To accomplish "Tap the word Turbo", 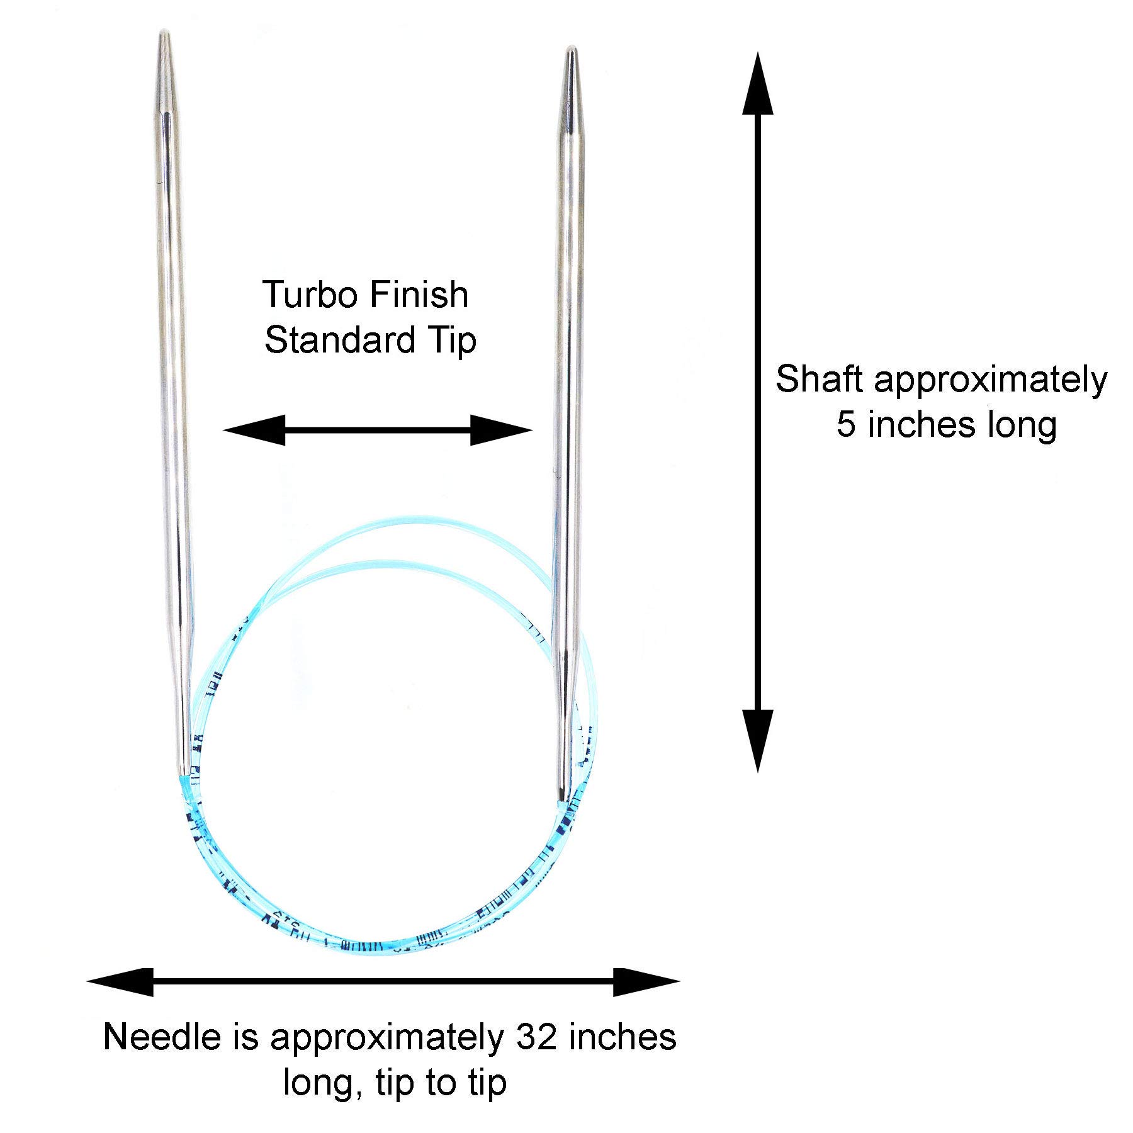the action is [x=299, y=295].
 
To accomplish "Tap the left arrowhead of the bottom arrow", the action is [x=120, y=983].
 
